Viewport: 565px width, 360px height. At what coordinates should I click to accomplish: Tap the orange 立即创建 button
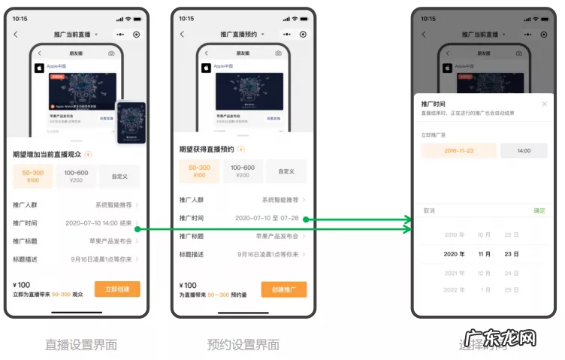click(117, 289)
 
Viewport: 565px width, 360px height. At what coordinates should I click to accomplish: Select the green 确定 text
click(539, 210)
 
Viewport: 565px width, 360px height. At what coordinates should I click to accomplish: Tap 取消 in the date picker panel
click(429, 210)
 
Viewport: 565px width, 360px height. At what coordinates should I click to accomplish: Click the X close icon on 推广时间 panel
click(545, 104)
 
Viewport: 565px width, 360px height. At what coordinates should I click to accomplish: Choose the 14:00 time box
click(524, 150)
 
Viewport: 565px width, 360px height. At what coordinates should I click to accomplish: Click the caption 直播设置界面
click(81, 345)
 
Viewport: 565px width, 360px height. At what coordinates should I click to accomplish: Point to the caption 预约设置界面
click(243, 345)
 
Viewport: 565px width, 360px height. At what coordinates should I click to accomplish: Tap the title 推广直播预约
click(238, 35)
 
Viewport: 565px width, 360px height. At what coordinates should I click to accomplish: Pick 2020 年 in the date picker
click(455, 254)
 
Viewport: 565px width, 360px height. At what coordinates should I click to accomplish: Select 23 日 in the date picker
click(512, 254)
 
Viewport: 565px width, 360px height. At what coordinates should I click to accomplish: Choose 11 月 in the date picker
click(485, 254)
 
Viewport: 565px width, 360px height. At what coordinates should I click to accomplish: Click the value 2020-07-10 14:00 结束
click(98, 223)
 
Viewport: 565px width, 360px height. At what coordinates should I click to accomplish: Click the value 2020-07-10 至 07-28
click(267, 218)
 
